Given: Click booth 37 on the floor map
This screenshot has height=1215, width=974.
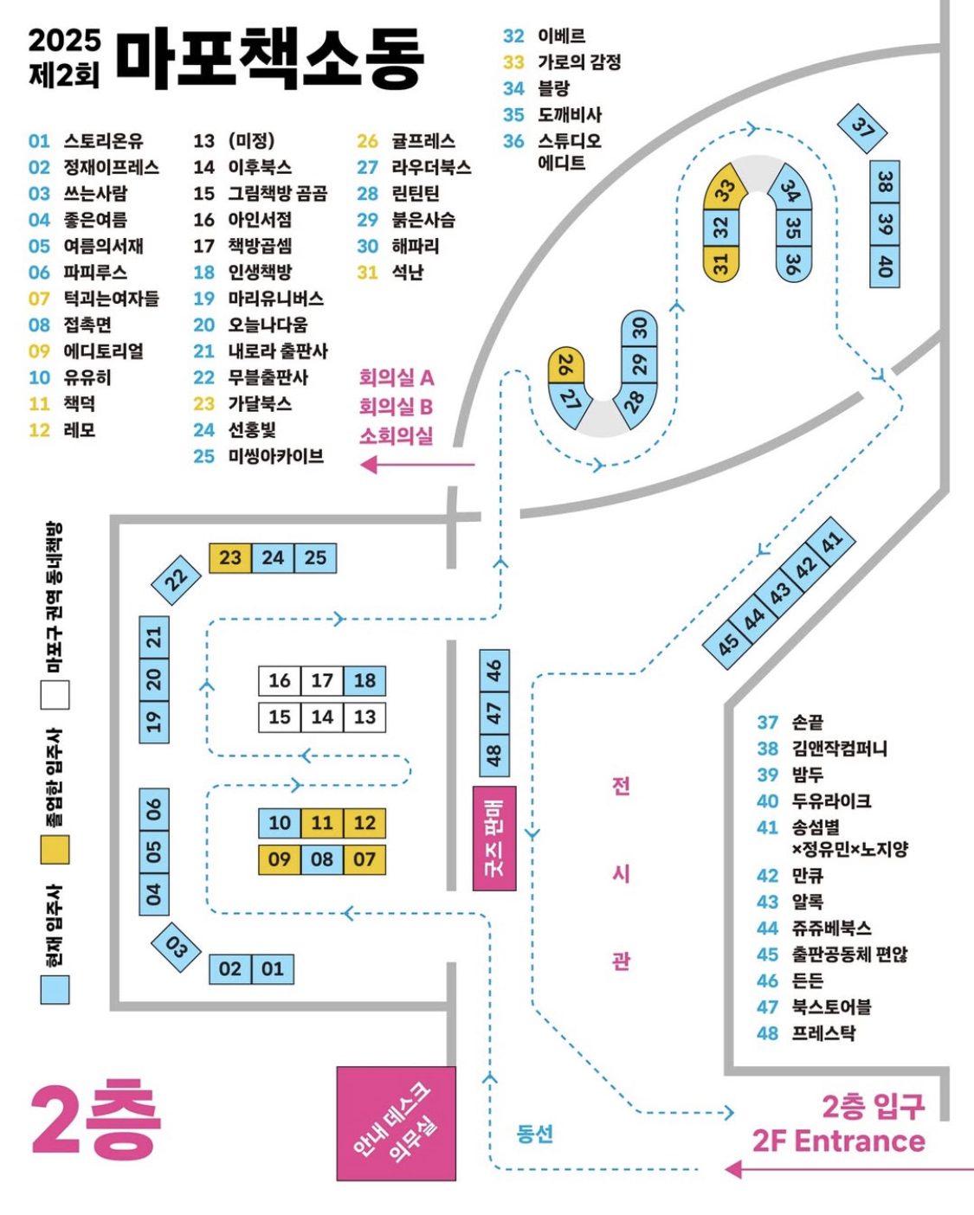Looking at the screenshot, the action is [x=861, y=129].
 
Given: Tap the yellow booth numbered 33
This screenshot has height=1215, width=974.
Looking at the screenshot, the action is [x=724, y=188].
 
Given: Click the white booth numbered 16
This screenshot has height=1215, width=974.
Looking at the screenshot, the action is [x=280, y=680].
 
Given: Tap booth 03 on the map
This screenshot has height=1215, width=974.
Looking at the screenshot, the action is [x=177, y=948].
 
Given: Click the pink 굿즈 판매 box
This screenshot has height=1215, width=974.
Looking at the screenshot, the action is [x=493, y=839].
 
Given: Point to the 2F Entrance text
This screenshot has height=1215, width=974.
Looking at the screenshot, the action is [x=839, y=1141].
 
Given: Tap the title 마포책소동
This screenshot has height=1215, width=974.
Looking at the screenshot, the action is [x=270, y=58].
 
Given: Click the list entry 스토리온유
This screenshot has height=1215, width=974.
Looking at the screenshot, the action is [x=104, y=140].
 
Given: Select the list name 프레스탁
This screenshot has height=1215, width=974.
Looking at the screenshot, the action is [x=823, y=1033].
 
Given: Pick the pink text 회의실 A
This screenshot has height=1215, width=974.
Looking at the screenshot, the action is [x=397, y=377].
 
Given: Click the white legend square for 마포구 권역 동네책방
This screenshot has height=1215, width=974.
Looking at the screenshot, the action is [x=55, y=694].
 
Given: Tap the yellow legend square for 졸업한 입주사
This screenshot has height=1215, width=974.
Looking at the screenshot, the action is [x=55, y=850].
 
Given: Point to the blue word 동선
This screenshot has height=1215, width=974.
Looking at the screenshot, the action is [x=534, y=1134].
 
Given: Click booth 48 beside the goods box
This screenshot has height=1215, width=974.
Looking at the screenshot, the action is [x=494, y=755].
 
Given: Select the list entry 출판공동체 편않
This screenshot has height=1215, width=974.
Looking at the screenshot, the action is [x=849, y=955].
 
